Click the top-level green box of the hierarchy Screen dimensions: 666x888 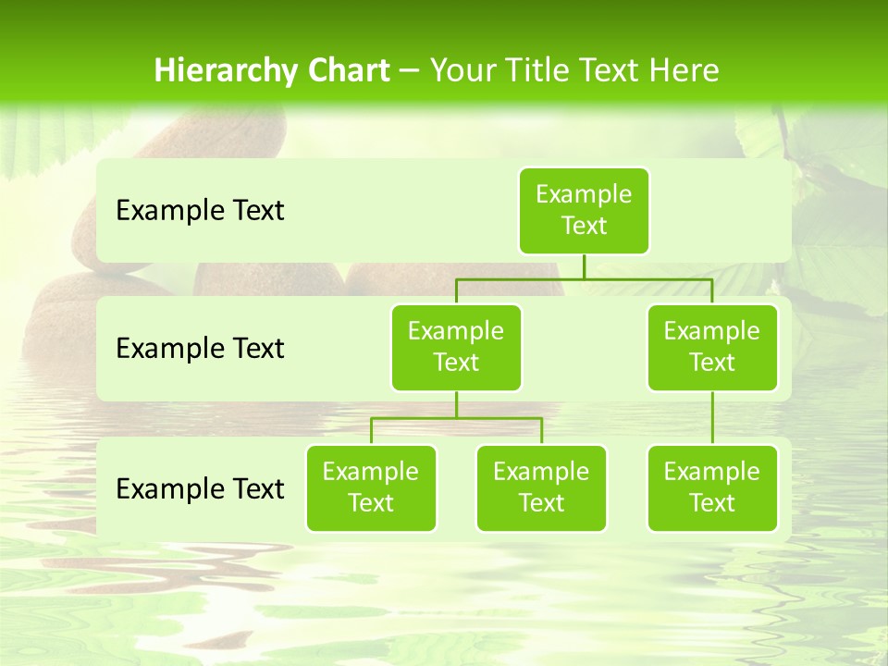tap(584, 211)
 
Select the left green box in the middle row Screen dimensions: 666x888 tap(456, 348)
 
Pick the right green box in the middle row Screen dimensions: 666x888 tap(712, 348)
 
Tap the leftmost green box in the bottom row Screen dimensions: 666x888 tap(371, 488)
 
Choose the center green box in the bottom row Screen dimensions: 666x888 tap(541, 488)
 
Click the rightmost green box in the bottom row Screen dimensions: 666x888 tap(712, 488)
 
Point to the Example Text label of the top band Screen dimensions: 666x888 tap(200, 211)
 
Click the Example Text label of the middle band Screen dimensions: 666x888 tap(200, 349)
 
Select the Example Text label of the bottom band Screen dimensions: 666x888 tap(200, 488)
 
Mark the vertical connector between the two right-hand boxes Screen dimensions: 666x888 tap(712, 418)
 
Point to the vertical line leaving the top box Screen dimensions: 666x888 tap(584, 266)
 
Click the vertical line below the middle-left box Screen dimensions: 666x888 tap(456, 404)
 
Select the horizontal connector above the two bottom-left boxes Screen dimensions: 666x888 tap(456, 418)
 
